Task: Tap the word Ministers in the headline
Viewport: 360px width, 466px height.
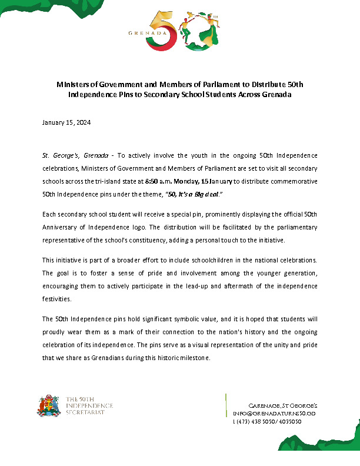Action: click(x=74, y=85)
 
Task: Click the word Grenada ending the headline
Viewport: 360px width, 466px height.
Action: click(x=276, y=95)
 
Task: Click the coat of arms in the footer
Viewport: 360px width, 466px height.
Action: click(x=49, y=406)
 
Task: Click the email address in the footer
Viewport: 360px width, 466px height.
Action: click(x=275, y=414)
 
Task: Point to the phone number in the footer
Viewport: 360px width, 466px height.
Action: click(x=268, y=422)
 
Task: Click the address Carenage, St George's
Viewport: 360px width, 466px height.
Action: click(x=284, y=407)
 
